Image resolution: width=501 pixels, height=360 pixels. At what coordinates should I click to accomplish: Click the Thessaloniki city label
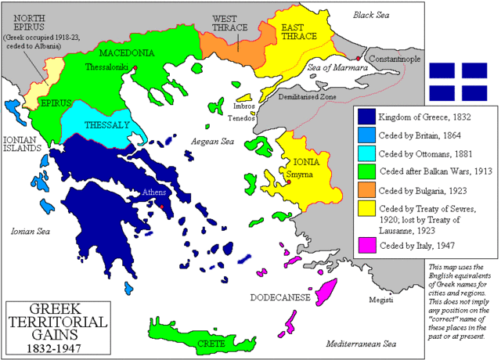click(x=107, y=68)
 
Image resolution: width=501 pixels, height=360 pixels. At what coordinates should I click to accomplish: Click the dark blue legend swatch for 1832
click(x=366, y=117)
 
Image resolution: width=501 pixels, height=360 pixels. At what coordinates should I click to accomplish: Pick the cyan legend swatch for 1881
click(x=366, y=152)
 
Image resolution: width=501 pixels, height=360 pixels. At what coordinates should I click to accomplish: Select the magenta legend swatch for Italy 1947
click(x=366, y=248)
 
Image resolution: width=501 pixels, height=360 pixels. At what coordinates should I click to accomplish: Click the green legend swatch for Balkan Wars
click(x=366, y=169)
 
